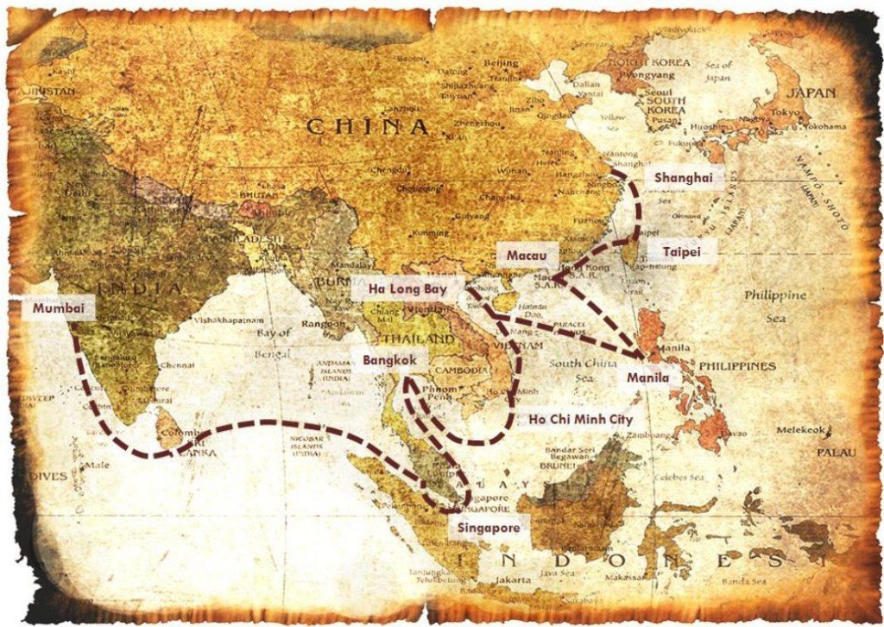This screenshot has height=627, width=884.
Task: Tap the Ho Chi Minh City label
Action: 580,420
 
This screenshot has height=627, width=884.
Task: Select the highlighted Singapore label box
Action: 489,528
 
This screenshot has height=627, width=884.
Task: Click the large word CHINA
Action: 368,126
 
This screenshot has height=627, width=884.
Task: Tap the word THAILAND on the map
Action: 419,339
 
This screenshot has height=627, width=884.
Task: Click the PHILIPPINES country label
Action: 737,366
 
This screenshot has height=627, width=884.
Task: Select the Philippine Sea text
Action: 775,307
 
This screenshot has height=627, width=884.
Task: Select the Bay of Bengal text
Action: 276,344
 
